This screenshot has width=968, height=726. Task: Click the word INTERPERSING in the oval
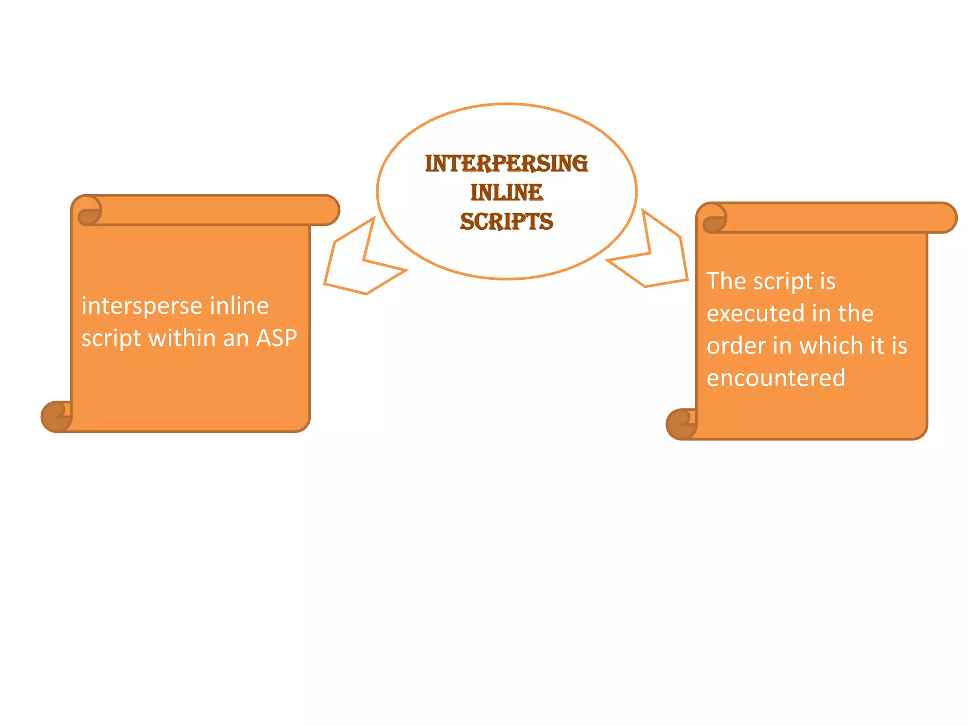coord(506,164)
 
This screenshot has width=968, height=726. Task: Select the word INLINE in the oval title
coord(506,192)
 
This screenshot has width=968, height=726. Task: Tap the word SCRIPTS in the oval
coord(506,221)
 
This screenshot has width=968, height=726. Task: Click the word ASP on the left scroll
coord(277,338)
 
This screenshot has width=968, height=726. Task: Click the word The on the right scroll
coord(726,281)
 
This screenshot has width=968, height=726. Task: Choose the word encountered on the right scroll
coord(776,378)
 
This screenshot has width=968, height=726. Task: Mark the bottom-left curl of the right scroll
coord(681,424)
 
